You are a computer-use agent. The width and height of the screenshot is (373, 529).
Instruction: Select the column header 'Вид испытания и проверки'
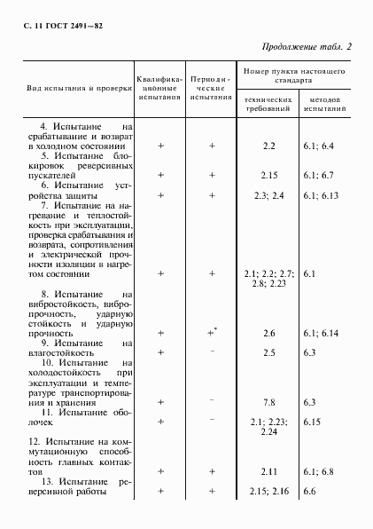click(74, 89)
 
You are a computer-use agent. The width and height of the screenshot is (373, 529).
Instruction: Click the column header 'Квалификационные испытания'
click(159, 89)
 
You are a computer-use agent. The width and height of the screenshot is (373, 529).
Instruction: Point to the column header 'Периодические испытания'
click(211, 89)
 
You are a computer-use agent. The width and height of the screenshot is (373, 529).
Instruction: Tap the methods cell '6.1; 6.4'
click(317, 145)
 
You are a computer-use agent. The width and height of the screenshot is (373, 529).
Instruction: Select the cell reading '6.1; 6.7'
click(317, 175)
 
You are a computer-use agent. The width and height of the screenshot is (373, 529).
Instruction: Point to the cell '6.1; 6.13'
click(320, 194)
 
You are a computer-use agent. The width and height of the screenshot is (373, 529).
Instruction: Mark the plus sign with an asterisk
click(213, 332)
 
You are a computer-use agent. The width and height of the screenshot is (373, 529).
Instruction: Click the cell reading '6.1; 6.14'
click(320, 333)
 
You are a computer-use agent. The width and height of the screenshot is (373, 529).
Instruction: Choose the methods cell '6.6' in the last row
click(309, 491)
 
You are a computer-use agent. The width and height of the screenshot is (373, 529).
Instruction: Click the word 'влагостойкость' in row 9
click(66, 352)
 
